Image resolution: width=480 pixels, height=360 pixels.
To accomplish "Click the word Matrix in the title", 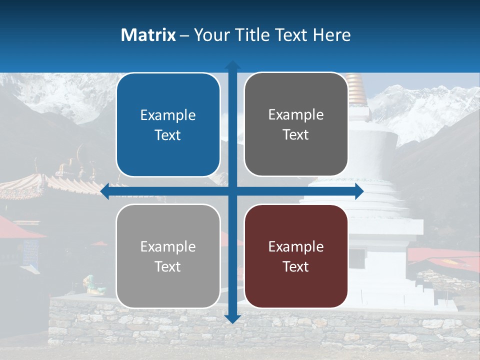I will [x=148, y=35].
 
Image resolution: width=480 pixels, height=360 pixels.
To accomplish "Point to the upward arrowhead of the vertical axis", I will [x=232, y=65].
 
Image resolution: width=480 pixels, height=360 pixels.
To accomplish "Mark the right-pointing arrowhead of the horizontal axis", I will [x=358, y=191].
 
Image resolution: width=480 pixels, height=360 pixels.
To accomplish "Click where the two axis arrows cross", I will [x=232, y=191].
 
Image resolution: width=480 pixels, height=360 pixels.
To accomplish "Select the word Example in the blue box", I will [x=168, y=115].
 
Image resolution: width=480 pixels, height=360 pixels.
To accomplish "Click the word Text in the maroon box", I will [x=296, y=266].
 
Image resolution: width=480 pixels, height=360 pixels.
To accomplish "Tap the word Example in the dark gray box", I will [x=296, y=115].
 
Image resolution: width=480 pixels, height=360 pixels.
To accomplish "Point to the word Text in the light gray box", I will [x=168, y=266].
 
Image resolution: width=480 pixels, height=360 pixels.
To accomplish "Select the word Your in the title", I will [x=210, y=35].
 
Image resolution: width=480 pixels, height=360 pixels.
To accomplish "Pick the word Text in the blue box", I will [x=168, y=135].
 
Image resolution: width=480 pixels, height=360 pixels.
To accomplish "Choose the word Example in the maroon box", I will [x=296, y=246].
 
